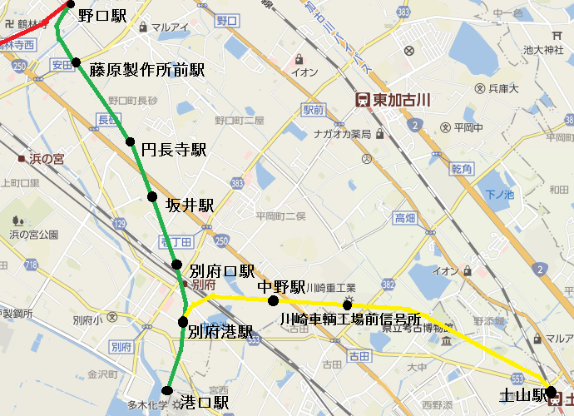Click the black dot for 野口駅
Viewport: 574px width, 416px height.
click(71, 4)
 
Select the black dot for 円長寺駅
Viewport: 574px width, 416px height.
click(131, 141)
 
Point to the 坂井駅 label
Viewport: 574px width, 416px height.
click(190, 205)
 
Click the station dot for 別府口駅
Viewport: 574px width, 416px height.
click(177, 265)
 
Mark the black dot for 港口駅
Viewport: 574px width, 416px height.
click(167, 391)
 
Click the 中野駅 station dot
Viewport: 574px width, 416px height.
click(262, 300)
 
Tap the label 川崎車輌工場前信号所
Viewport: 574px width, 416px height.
click(349, 319)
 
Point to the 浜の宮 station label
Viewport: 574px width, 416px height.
click(47, 158)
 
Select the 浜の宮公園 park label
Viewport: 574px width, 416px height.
click(33, 235)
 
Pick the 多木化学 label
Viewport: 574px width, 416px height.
click(147, 405)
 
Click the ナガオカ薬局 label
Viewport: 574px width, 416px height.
click(341, 134)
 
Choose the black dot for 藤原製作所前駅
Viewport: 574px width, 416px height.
click(76, 62)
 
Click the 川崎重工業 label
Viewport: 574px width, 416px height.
click(331, 288)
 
